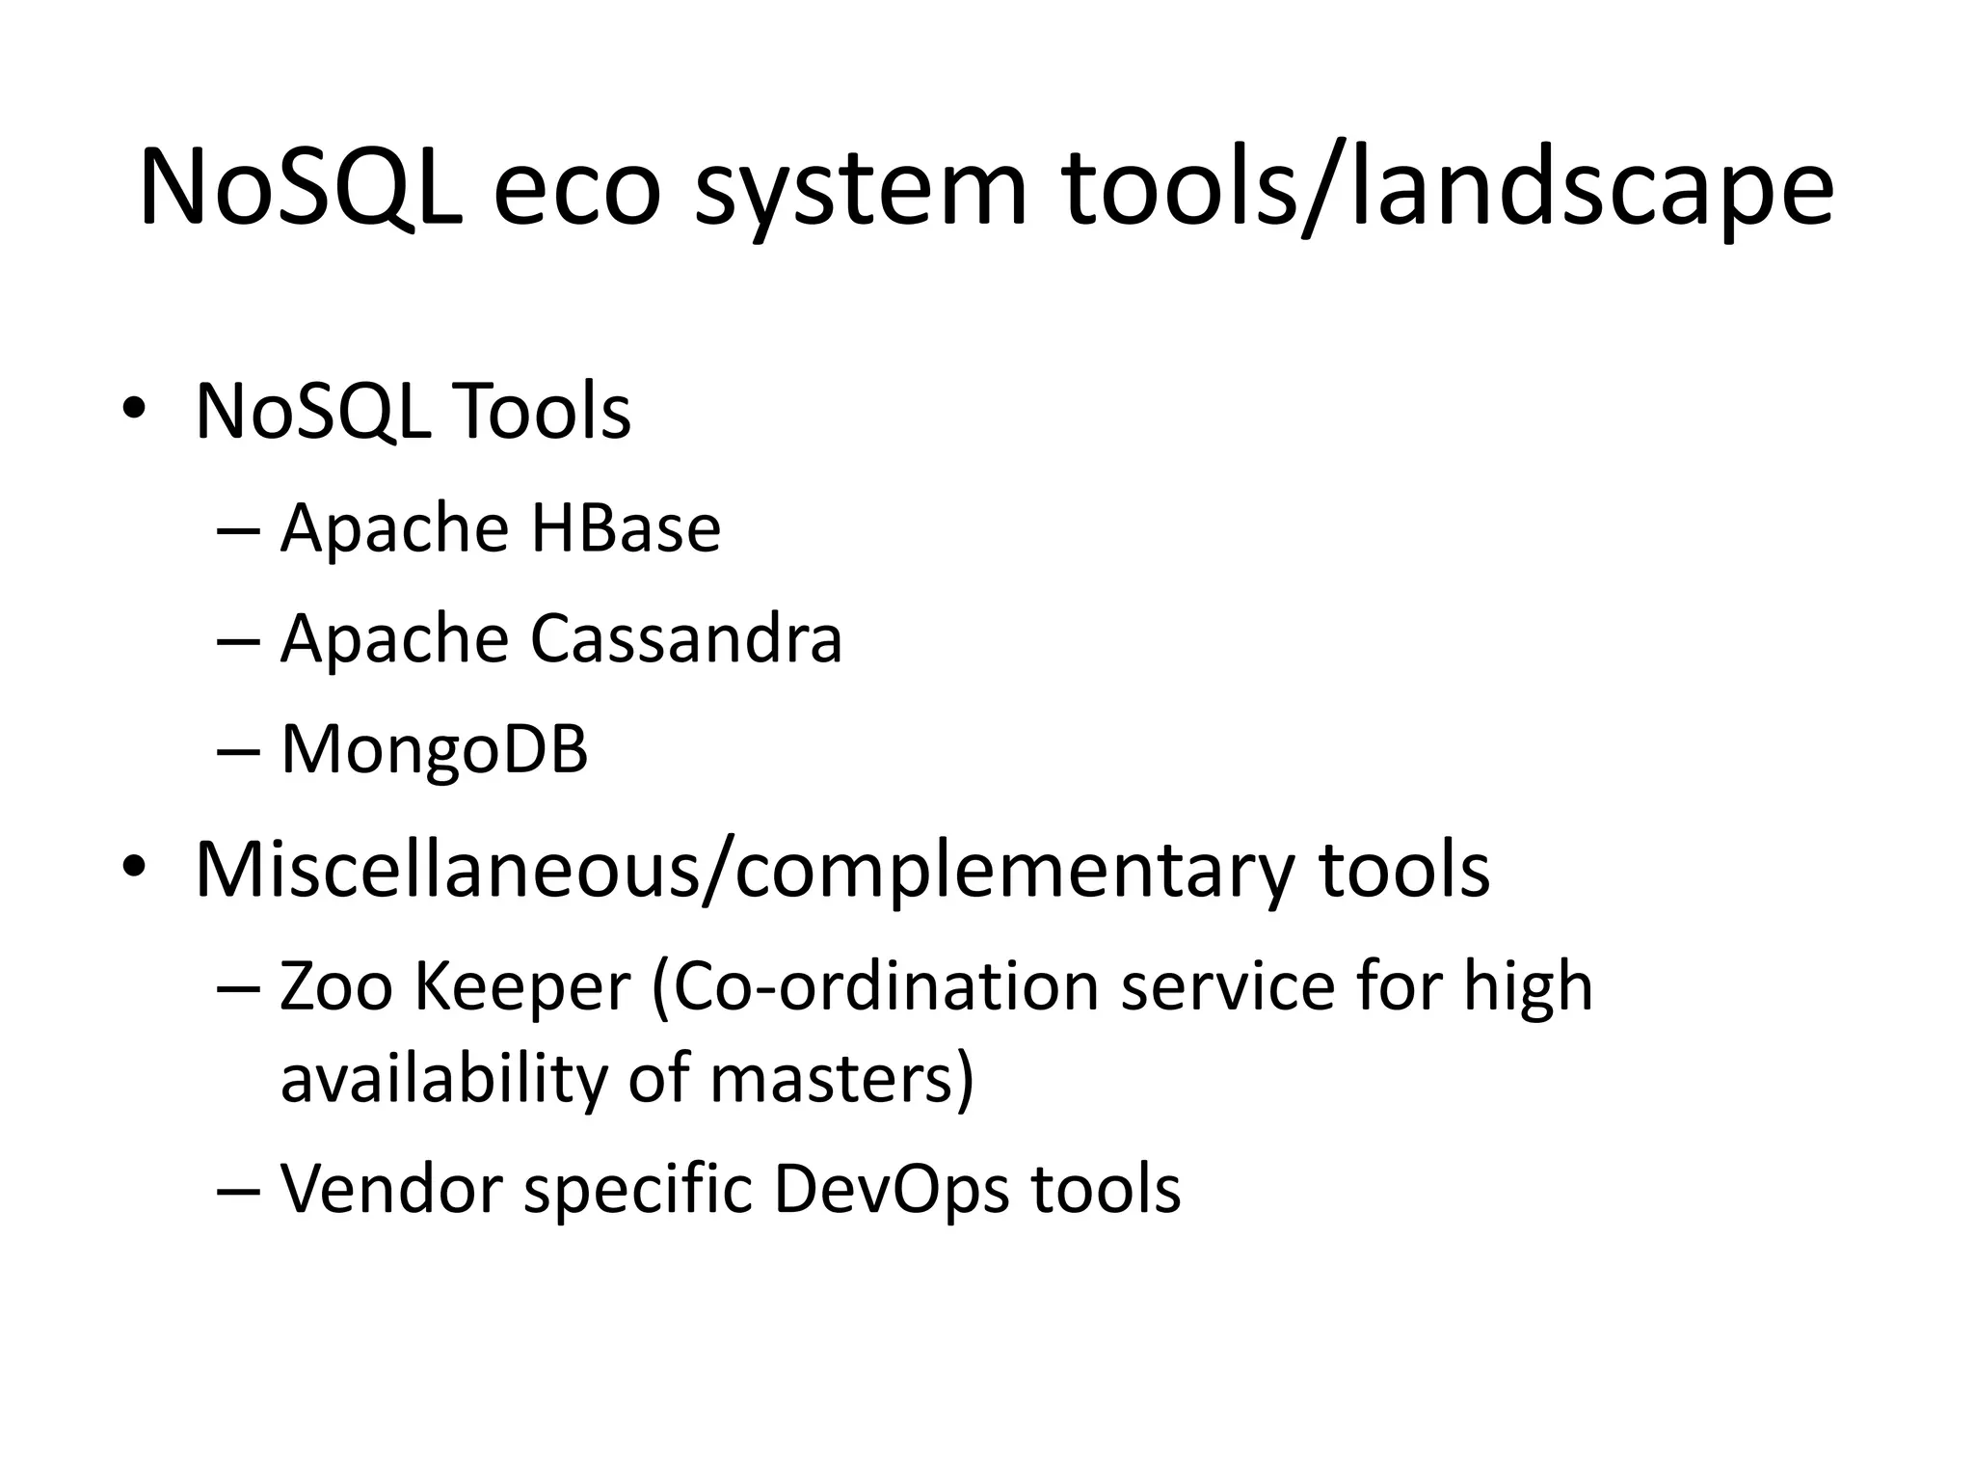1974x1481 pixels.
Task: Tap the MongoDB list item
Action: tap(434, 749)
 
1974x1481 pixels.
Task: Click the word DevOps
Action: tap(892, 1188)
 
